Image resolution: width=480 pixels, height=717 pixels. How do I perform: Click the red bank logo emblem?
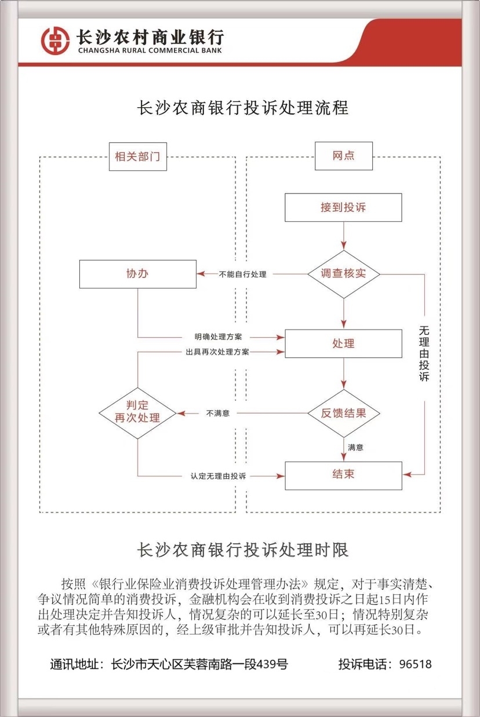55,39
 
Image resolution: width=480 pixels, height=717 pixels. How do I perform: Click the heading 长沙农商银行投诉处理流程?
242,108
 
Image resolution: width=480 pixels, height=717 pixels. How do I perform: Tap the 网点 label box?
343,156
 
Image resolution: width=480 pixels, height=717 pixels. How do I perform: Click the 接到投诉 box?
343,207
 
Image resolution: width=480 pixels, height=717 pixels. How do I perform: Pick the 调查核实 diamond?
343,274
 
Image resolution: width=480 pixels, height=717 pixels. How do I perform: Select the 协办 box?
137,274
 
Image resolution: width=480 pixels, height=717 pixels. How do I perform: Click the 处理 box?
343,343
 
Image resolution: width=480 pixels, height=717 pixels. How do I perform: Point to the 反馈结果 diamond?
343,414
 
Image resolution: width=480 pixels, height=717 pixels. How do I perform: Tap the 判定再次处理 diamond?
137,413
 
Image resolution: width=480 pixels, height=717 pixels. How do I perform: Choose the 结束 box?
343,475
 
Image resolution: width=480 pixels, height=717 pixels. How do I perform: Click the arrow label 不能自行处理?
243,275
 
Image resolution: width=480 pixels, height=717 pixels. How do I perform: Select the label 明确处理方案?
219,336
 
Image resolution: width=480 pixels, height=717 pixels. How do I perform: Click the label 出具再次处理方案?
217,352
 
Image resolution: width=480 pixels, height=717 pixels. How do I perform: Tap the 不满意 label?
218,414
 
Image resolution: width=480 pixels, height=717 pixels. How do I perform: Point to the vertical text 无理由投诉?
424,353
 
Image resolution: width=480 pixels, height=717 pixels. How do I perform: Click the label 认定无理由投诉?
218,476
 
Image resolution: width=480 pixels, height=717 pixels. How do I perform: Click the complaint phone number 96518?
416,664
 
